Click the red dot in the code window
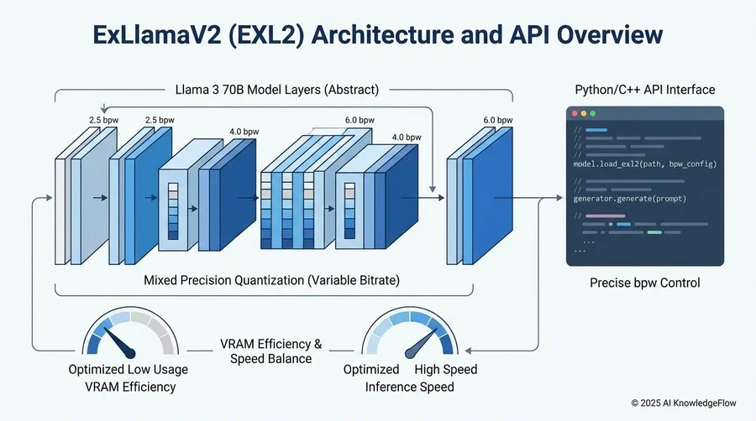click(x=575, y=112)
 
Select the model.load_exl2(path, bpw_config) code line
click(x=643, y=164)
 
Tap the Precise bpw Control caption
click(x=643, y=283)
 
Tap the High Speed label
click(x=446, y=370)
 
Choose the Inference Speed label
click(x=410, y=387)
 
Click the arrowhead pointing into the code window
click(x=561, y=199)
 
